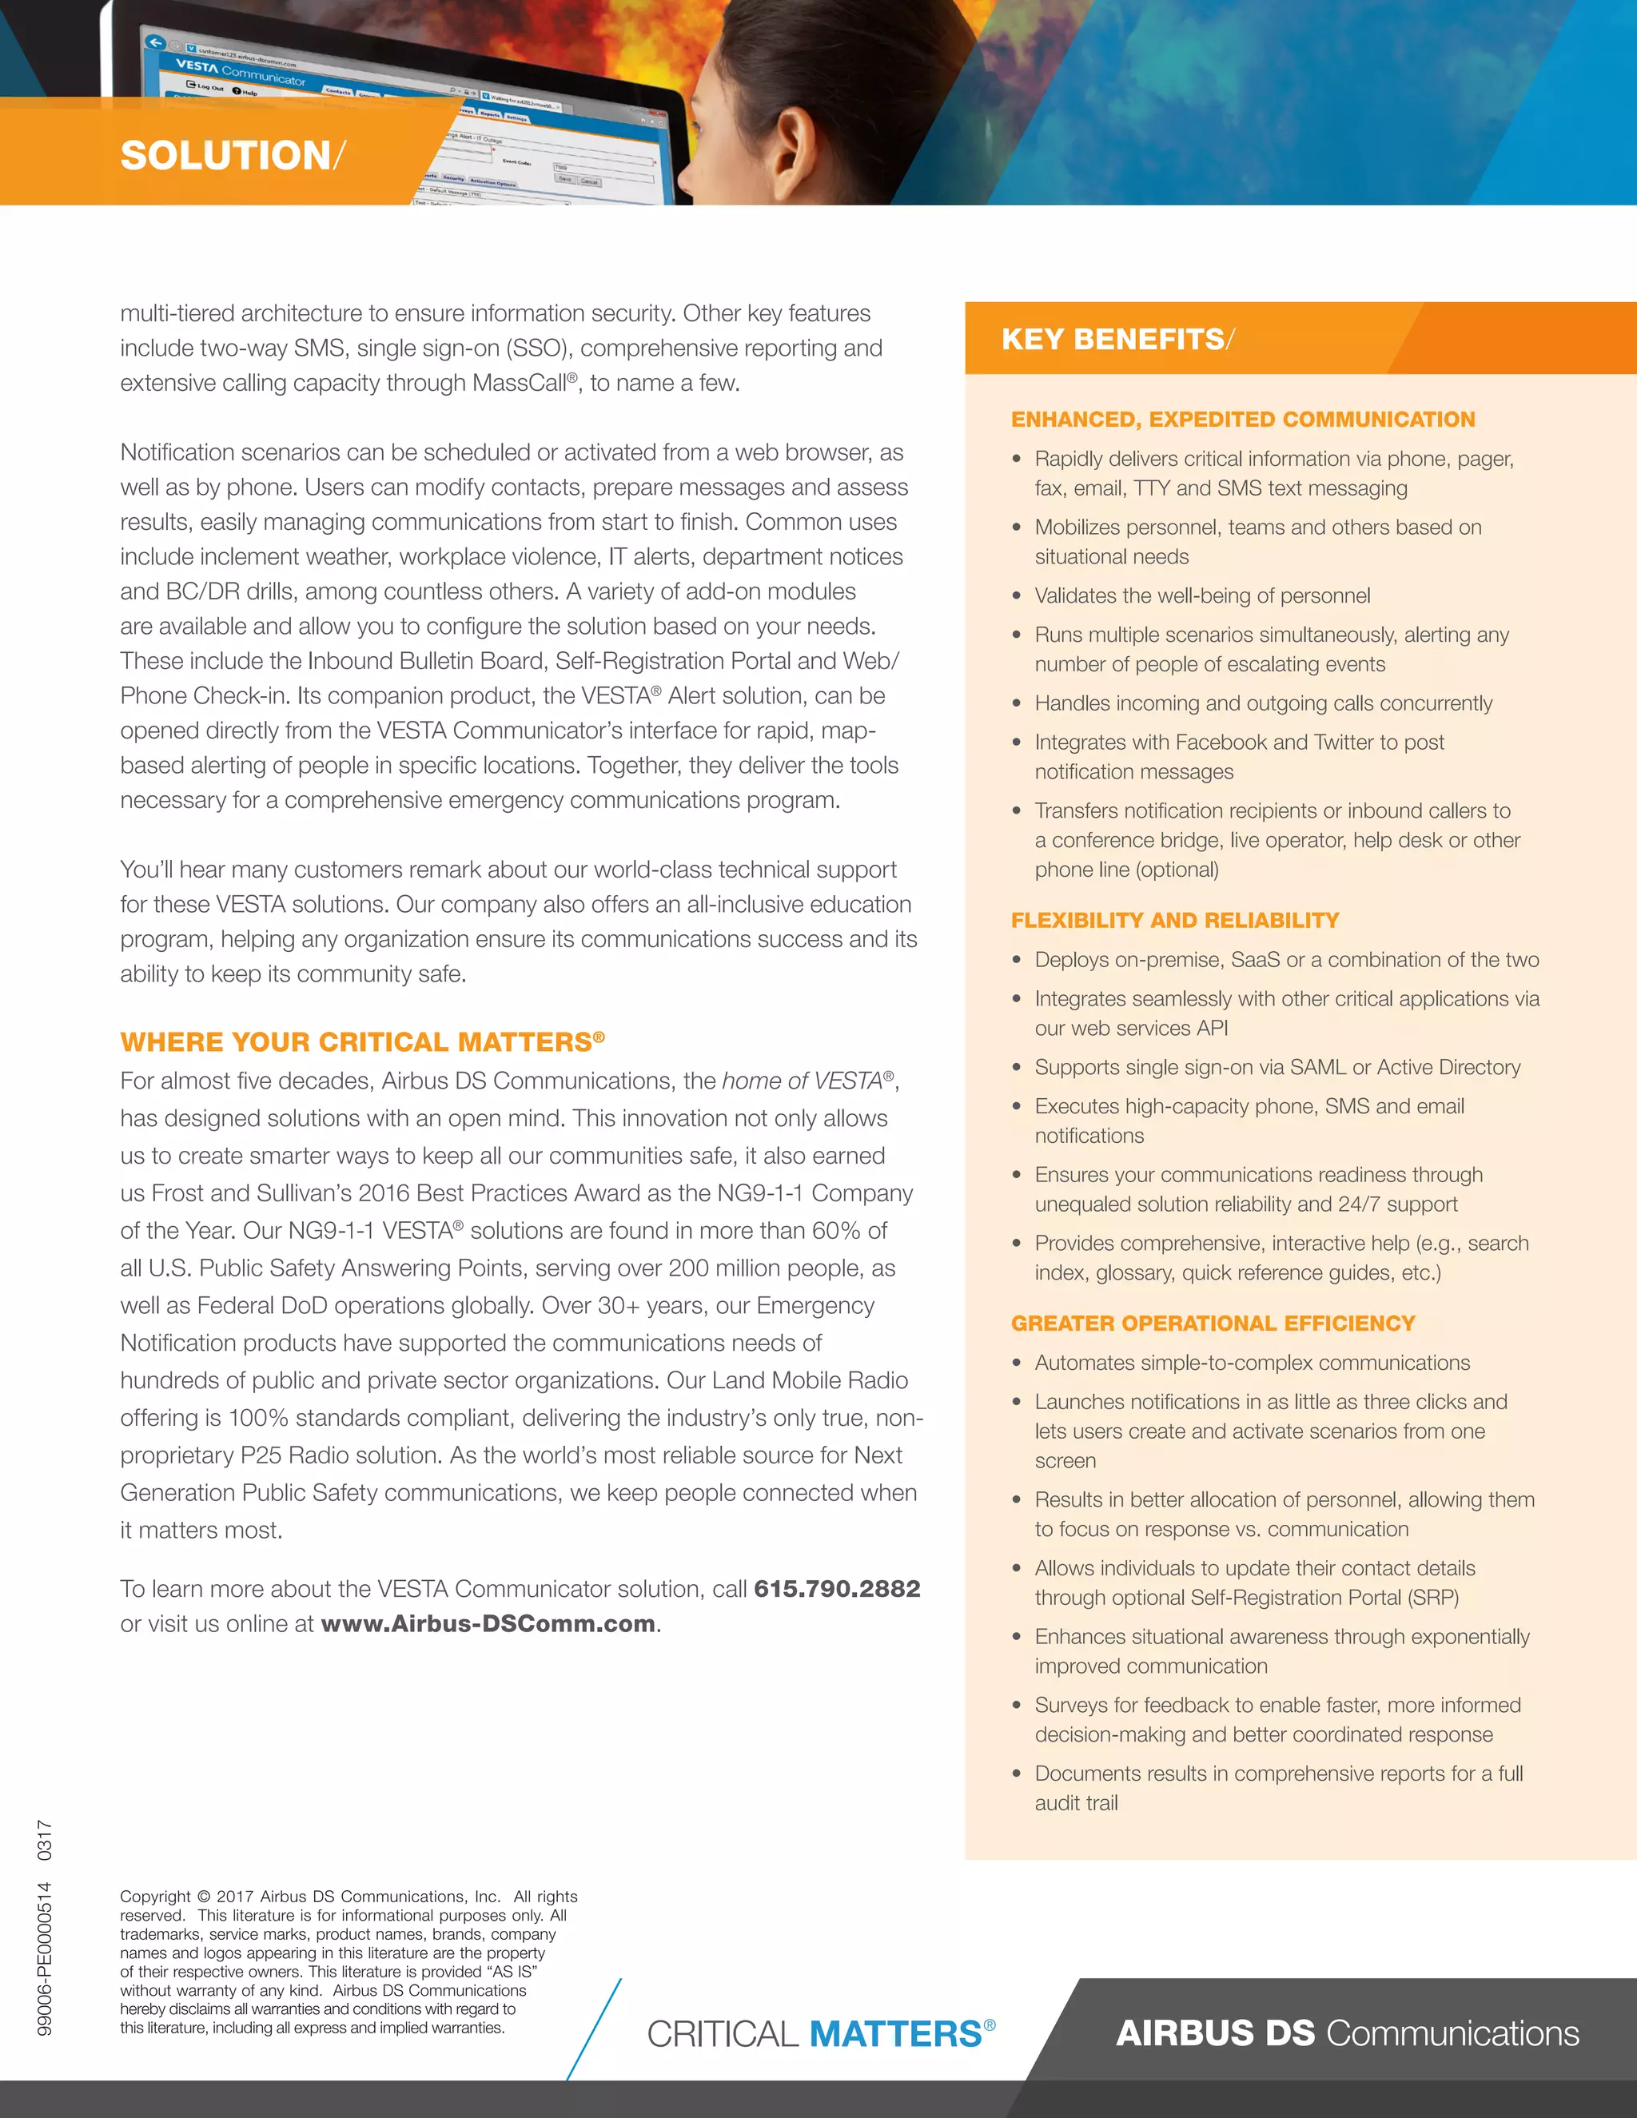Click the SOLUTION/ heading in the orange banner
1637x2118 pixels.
point(232,156)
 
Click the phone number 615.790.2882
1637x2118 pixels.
point(837,1589)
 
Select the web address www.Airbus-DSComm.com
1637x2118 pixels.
point(488,1624)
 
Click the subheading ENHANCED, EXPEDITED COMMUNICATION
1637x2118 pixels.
point(1242,419)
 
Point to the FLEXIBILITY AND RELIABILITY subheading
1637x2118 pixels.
point(1174,920)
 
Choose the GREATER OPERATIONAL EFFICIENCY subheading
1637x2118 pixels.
point(1213,1324)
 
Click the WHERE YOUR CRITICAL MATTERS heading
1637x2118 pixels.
point(360,1042)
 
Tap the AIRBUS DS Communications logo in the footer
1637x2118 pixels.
point(1347,2032)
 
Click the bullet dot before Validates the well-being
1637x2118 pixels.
point(1017,596)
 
